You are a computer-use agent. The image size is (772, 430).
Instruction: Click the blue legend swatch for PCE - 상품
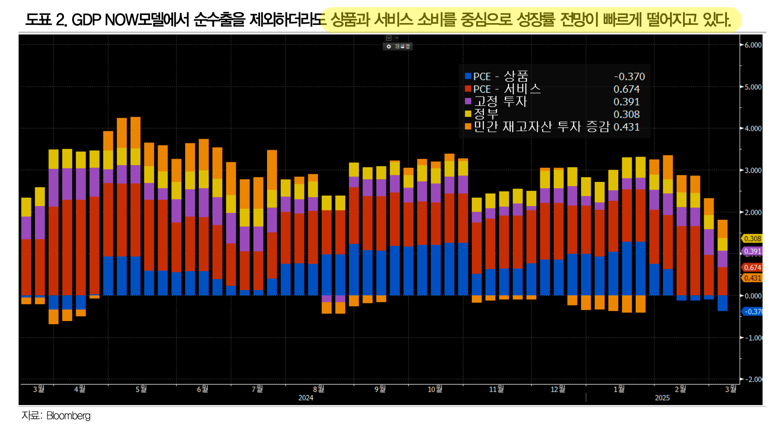point(468,76)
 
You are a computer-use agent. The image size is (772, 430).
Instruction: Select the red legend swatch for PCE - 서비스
point(468,89)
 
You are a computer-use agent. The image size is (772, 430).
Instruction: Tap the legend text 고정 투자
point(500,102)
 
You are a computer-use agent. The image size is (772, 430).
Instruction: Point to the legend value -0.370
point(629,76)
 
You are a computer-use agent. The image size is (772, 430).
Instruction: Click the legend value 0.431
point(626,127)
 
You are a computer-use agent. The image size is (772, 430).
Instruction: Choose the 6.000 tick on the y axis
point(753,45)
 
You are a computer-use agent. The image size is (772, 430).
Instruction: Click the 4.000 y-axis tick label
point(753,128)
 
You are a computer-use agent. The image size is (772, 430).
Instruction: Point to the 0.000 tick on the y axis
point(753,296)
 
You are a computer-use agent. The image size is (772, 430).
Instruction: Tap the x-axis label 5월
point(141,389)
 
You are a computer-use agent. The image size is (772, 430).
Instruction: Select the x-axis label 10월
point(435,389)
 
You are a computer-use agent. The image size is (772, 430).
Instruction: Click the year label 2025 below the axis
point(662,398)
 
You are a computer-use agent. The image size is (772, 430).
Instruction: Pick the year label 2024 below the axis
point(306,398)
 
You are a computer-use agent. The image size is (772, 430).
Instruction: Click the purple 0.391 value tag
point(752,251)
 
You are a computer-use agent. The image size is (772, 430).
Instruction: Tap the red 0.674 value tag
point(752,267)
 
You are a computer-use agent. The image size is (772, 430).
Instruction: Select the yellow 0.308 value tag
point(752,239)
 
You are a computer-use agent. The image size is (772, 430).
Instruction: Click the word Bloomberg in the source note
point(68,415)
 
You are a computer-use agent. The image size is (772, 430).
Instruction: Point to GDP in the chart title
point(87,20)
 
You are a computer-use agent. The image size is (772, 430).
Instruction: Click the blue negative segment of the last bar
point(723,303)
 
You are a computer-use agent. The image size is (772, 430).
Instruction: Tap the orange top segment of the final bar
point(723,229)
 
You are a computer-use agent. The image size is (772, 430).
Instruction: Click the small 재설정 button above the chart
point(398,46)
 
